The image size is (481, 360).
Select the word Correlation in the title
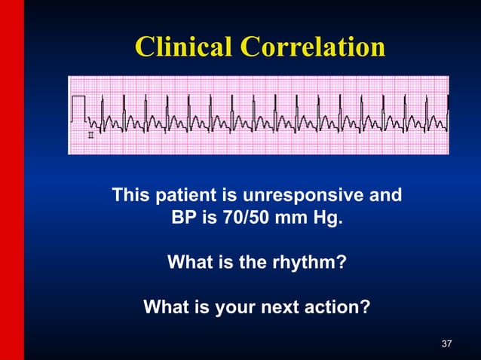[312, 47]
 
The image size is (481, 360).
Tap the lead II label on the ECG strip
[91, 136]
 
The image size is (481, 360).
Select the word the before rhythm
[259, 264]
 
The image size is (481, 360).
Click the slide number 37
[446, 344]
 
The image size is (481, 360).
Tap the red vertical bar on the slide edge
[12, 180]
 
